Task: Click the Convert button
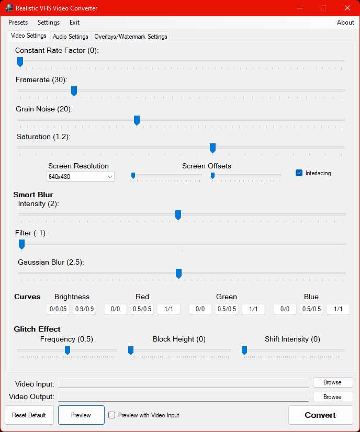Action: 321,415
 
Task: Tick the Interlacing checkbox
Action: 299,173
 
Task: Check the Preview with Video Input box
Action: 111,415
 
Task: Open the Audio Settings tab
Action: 71,37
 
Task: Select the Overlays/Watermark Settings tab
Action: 131,37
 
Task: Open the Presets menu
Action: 18,22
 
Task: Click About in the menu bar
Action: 345,22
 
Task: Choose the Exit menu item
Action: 74,22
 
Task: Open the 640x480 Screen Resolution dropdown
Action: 81,177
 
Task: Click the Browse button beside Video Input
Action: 333,382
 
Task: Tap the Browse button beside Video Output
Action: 333,397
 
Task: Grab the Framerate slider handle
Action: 74,91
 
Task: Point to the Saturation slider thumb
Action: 212,148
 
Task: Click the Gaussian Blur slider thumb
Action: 178,274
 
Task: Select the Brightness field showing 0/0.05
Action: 58,309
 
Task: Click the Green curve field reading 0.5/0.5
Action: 227,309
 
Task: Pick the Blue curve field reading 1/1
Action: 338,309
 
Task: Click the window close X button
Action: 347,8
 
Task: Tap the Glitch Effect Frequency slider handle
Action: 67,350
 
